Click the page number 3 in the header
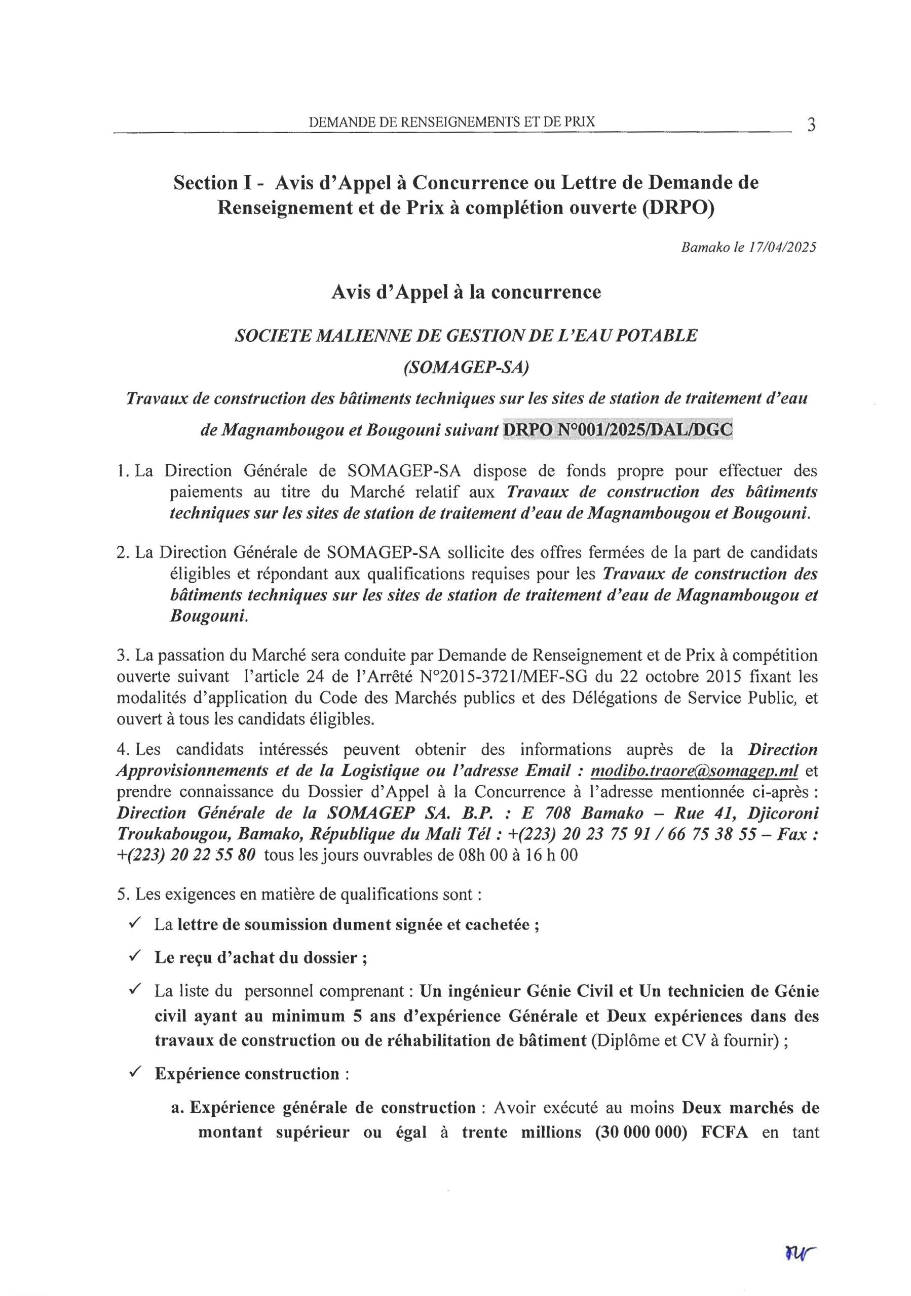click(x=811, y=125)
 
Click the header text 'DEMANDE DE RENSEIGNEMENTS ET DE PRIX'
click(x=452, y=121)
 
